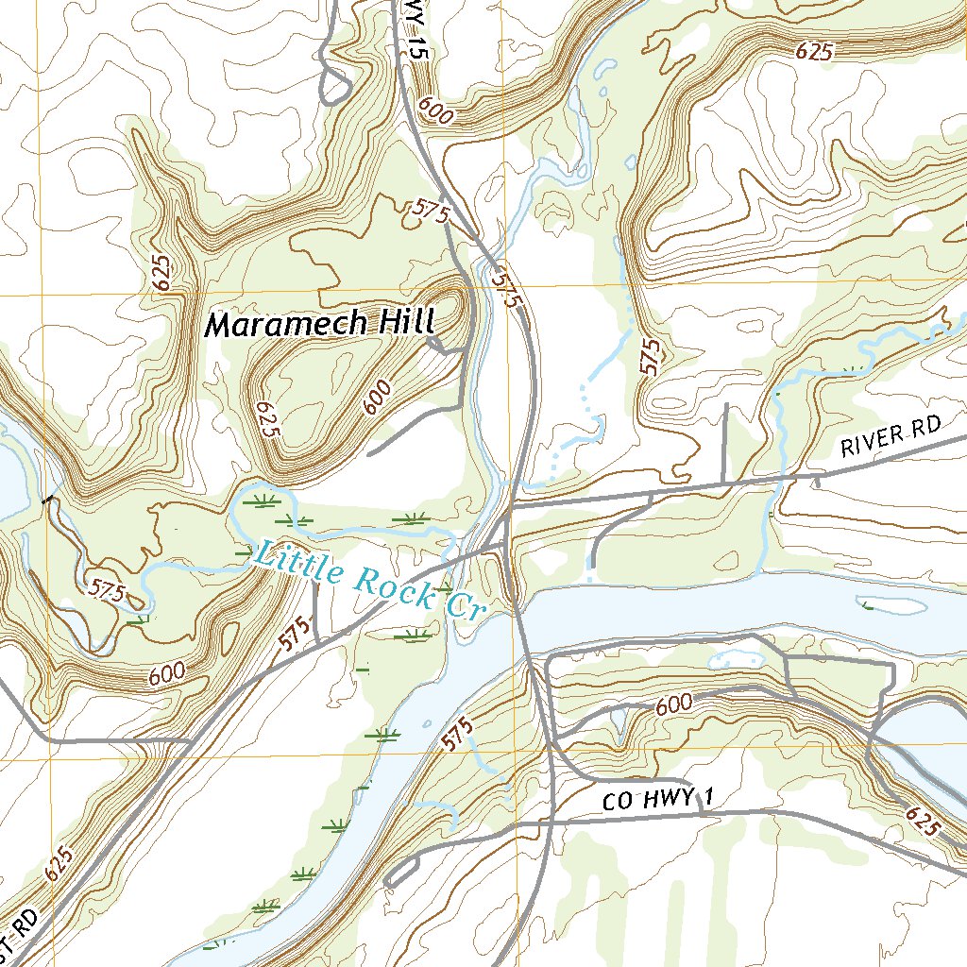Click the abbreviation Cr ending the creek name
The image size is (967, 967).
coord(464,607)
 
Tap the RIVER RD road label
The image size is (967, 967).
coord(891,439)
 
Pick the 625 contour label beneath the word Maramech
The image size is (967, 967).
coord(266,418)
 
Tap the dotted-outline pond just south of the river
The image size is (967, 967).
coord(737,657)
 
